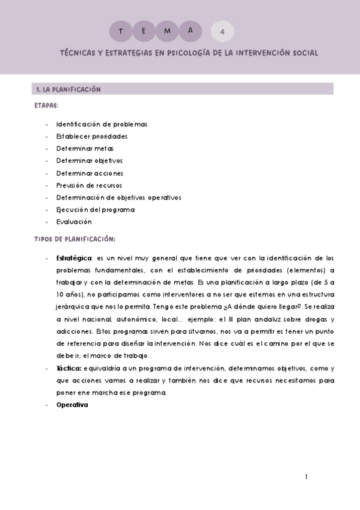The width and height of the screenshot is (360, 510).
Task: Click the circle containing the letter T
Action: (x=122, y=30)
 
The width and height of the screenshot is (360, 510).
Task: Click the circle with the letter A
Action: (x=191, y=30)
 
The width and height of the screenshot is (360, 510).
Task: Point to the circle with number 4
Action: (x=222, y=31)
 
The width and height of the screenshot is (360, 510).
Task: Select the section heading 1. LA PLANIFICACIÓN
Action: (x=68, y=90)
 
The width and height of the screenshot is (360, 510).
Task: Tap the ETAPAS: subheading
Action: (x=46, y=105)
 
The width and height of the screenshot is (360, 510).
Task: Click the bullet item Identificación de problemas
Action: (x=102, y=124)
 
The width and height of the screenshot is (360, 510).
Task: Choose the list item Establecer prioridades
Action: (x=91, y=136)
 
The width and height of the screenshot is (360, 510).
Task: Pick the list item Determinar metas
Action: (x=85, y=149)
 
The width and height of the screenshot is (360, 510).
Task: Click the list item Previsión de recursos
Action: (x=89, y=185)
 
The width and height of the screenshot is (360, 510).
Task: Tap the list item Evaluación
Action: (x=74, y=222)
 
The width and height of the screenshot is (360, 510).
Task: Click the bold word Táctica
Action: (x=69, y=367)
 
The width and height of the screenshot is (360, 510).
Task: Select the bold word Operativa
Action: (x=72, y=405)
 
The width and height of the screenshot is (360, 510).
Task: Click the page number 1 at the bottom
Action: (x=306, y=477)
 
